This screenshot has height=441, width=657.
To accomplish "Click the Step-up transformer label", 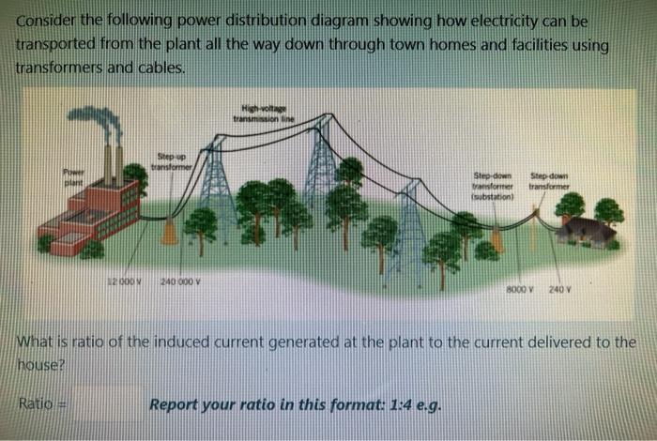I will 175,161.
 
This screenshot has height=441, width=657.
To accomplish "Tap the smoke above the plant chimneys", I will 99,120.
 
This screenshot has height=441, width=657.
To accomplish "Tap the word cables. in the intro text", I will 160,68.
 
